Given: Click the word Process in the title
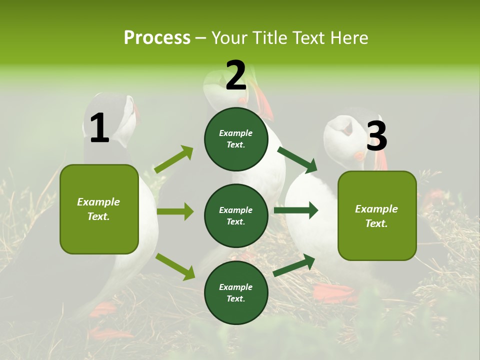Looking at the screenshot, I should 157,38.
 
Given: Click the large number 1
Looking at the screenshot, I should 99,128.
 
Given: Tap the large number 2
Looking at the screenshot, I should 236,75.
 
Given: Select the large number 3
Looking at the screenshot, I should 376,136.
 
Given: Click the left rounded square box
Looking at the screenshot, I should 99,209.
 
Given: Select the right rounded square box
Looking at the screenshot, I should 377,215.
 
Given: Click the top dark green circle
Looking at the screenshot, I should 236,139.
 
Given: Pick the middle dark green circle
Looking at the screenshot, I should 236,215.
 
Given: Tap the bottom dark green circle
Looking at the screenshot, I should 236,292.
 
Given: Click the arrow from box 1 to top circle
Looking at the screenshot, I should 174,159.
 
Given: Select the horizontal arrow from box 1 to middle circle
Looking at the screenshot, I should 175,211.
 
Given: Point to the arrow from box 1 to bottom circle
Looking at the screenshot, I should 175,266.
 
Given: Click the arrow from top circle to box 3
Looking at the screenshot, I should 297,159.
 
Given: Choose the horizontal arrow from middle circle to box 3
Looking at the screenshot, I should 295,210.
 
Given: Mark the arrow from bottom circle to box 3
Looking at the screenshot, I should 294,265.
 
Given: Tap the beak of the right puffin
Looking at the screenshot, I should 381,159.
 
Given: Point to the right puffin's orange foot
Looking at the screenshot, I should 334,292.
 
